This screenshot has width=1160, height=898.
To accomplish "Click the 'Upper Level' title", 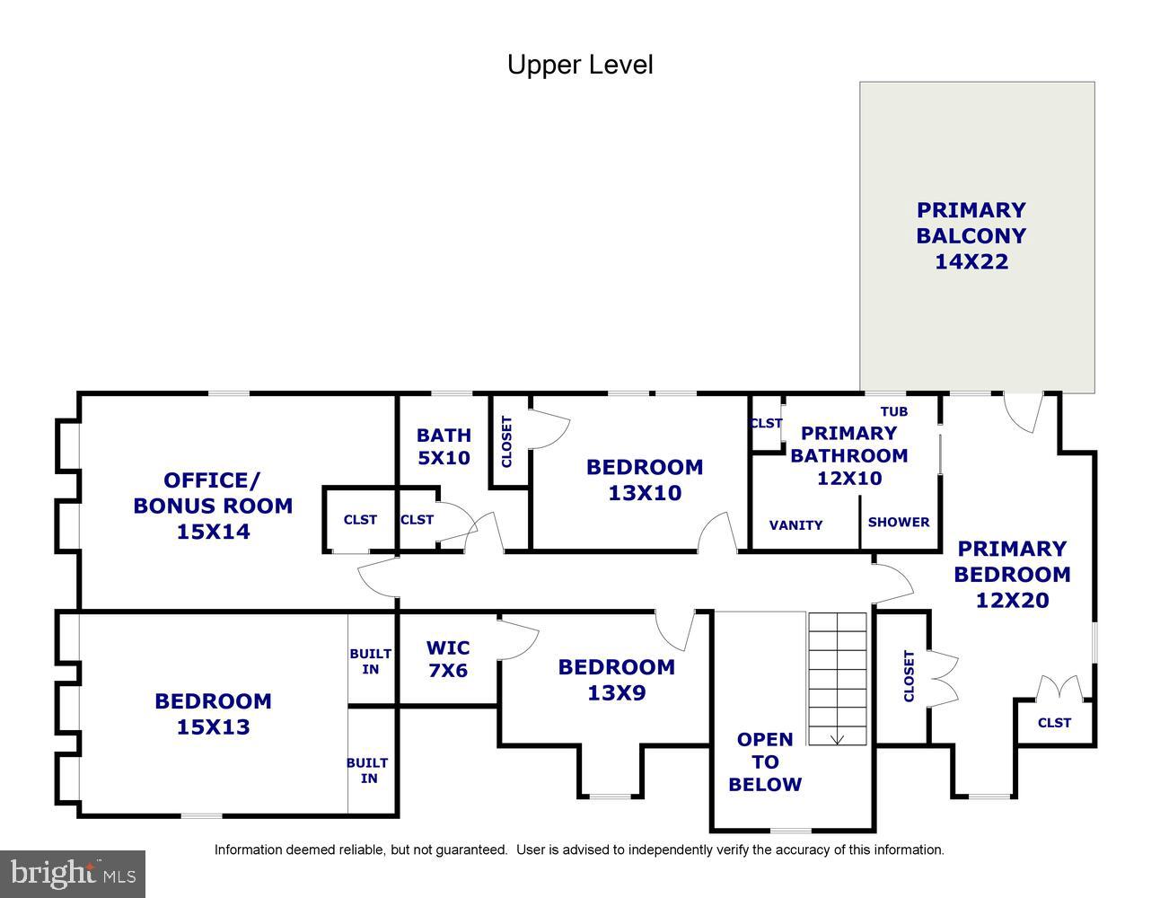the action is click(x=580, y=66).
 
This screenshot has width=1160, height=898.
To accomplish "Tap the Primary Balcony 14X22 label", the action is click(x=971, y=235).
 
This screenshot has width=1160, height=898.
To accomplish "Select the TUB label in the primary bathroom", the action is click(x=894, y=411).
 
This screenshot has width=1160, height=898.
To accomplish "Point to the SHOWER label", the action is click(x=899, y=522).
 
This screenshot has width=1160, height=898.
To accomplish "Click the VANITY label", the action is click(x=795, y=525).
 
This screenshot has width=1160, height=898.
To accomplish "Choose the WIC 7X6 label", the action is click(x=448, y=659).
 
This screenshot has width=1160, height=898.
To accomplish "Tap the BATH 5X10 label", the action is click(x=444, y=446).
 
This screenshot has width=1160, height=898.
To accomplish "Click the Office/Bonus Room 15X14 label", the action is click(x=213, y=506).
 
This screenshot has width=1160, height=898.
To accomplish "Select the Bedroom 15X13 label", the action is click(x=213, y=714).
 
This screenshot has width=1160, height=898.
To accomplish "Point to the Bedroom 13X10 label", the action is click(x=645, y=480).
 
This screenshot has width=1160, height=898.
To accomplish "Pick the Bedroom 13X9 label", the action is click(x=617, y=680).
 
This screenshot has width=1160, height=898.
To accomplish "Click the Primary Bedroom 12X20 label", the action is click(x=1012, y=575).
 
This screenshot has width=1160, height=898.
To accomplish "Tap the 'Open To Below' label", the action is click(x=765, y=762).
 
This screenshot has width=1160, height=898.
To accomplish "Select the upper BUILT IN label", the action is click(x=371, y=662).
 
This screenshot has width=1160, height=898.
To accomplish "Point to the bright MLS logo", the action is click(x=73, y=875).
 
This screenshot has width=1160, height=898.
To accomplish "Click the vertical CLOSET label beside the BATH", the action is click(x=506, y=442).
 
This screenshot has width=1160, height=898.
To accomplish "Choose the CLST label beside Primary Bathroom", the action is click(x=766, y=423).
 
